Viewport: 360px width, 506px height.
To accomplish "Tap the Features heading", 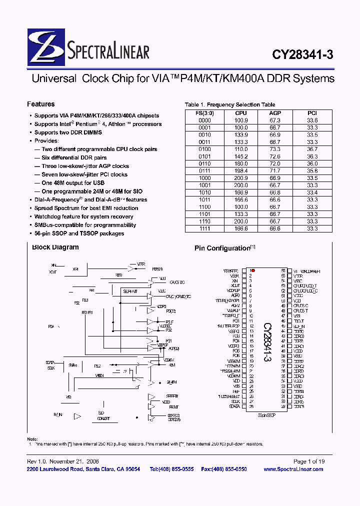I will click(x=40, y=104).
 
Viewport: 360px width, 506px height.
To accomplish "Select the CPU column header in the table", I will click(x=241, y=113).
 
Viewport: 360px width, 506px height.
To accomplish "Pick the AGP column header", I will click(x=275, y=113).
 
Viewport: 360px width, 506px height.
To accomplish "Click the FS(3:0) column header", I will click(x=205, y=113).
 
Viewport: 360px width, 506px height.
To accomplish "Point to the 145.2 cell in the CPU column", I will click(x=241, y=156).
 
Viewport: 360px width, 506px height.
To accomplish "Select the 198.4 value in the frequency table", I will click(x=241, y=171).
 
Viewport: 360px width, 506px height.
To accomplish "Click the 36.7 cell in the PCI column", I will click(x=312, y=149).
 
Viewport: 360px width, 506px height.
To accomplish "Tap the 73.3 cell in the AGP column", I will click(x=275, y=149).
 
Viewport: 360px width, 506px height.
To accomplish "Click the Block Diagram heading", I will click(x=55, y=247).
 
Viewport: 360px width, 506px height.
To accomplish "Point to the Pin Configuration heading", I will click(x=222, y=248).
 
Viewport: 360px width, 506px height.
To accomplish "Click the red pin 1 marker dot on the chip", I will click(x=253, y=270).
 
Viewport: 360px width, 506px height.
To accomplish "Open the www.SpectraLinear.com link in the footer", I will click(x=293, y=469).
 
